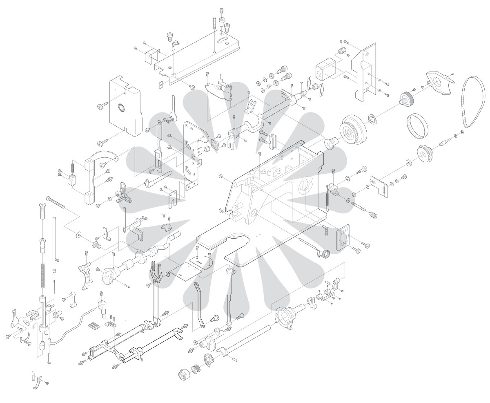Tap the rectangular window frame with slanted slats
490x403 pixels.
pyautogui.click(x=343, y=237)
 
